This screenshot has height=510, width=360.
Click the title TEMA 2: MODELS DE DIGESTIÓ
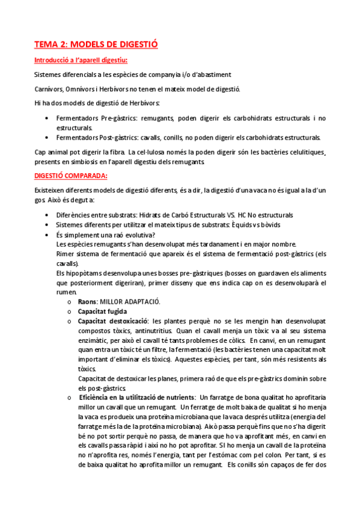[x=96, y=45]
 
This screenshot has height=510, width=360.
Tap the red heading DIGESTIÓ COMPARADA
[x=71, y=176]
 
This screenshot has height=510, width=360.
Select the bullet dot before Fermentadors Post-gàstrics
[x=47, y=137]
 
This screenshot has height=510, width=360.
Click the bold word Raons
[x=88, y=301]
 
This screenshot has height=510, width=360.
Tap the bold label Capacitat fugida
[x=102, y=312]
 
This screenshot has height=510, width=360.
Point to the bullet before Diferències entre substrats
[x=47, y=215]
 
